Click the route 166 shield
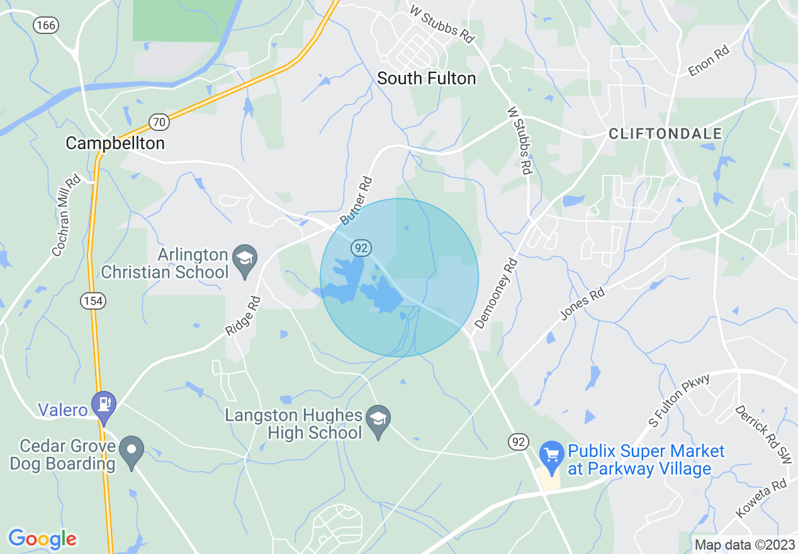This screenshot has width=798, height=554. (45, 25)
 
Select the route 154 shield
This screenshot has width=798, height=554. (93, 301)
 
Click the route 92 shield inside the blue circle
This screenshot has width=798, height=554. (361, 247)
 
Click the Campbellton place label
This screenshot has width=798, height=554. (115, 144)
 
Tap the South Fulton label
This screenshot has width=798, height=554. (426, 78)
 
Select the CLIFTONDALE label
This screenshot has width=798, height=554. (665, 133)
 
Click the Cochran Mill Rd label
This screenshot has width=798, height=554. (66, 215)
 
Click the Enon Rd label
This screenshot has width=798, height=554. (708, 60)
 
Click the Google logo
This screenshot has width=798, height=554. (43, 539)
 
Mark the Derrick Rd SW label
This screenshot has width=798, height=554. (762, 434)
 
